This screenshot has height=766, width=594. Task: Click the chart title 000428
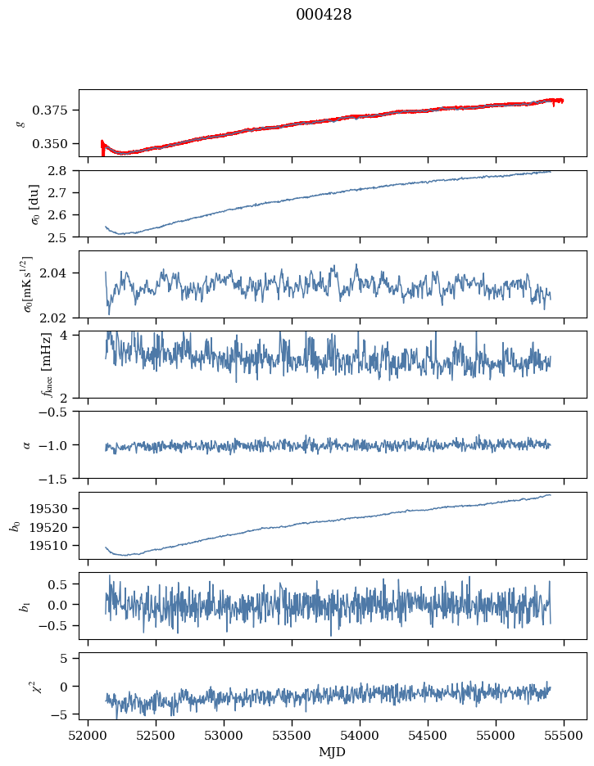(x=324, y=16)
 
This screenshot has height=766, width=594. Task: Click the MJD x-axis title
(x=333, y=752)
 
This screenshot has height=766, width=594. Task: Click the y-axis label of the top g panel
(x=21, y=123)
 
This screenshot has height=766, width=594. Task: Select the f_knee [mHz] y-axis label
(x=21, y=365)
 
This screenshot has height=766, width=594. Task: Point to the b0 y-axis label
(x=15, y=525)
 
